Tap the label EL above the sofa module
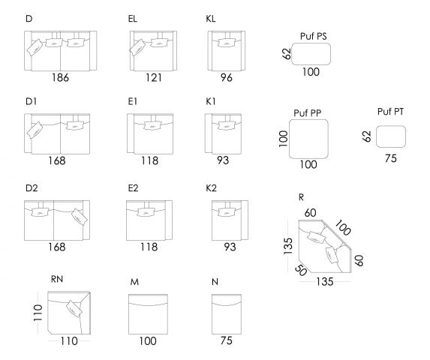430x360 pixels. [133, 16]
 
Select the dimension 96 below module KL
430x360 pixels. [226, 77]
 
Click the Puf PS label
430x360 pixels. [312, 35]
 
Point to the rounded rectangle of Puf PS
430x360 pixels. [311, 53]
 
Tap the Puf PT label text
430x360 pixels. [390, 112]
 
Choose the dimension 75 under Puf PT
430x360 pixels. [390, 158]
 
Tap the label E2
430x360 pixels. [133, 187]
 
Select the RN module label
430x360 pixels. [57, 279]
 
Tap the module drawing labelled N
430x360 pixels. [225, 313]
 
